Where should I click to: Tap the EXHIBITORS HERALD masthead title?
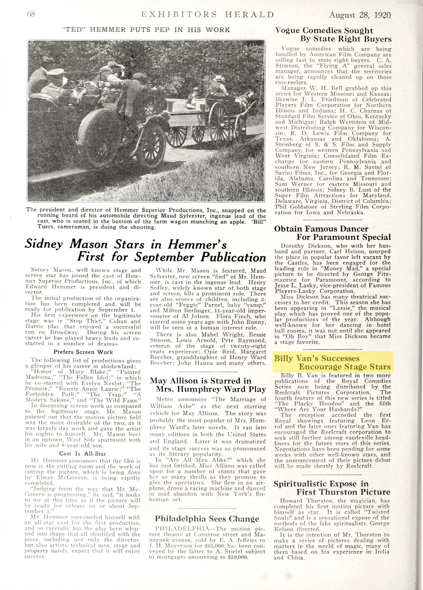click(x=208, y=14)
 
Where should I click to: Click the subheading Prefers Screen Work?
click(x=83, y=352)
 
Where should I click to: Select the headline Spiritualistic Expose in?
click(x=321, y=484)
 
